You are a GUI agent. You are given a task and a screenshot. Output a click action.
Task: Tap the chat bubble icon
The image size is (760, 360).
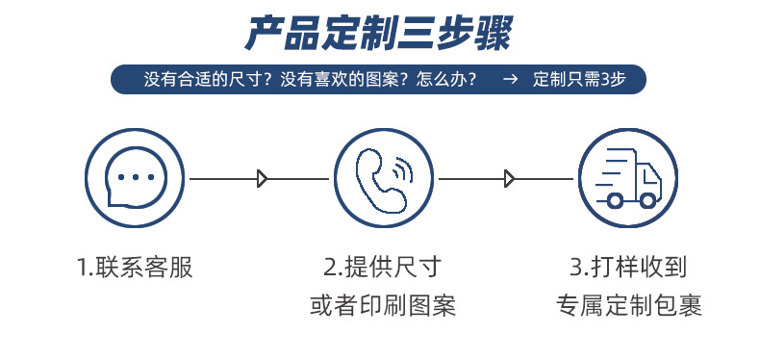135,178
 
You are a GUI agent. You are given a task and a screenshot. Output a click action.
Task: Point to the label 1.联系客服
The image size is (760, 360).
135,267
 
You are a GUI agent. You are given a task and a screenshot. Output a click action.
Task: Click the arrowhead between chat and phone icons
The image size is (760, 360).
263,178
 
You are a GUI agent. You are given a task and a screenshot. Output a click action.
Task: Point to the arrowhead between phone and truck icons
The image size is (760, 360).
510,178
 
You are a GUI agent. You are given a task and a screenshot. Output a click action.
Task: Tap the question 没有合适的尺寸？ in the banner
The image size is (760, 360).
206,80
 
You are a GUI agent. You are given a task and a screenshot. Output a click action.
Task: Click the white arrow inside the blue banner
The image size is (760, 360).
511,80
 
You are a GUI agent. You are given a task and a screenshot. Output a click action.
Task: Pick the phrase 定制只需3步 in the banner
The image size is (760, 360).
579,80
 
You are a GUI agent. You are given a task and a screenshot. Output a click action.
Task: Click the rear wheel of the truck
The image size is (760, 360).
614,199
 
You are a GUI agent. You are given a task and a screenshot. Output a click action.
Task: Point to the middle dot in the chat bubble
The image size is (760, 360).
135,177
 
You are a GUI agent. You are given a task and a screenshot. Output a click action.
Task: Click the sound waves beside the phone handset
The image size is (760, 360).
403,168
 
